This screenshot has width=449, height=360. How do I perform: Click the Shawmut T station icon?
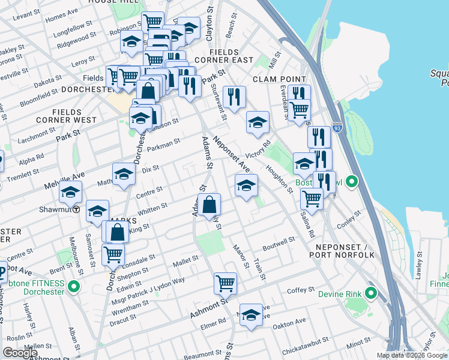76,209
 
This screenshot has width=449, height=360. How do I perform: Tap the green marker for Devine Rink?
370,293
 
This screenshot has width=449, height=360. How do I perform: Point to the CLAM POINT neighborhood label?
279,79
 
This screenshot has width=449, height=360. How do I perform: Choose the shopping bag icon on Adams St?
209,206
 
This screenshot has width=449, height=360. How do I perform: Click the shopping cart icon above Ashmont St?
225,282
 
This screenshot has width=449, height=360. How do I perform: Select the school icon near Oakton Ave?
251,314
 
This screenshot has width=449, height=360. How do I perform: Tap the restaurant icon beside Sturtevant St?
234,97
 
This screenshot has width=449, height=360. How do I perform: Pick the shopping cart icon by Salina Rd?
312,198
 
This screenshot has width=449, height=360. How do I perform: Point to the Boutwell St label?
279,244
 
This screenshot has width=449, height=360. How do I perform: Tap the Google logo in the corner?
20,353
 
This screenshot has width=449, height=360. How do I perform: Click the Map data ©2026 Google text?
412,355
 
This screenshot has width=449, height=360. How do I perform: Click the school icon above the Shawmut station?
70,193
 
